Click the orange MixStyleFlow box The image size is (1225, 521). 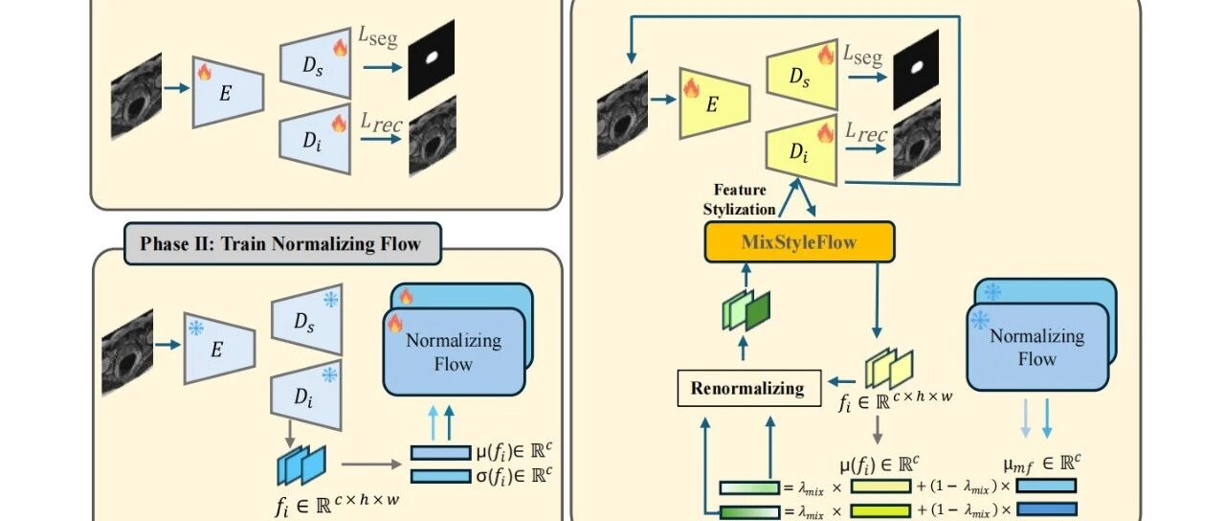(x=799, y=242)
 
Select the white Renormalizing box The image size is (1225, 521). (x=748, y=388)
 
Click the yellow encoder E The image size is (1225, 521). (x=715, y=103)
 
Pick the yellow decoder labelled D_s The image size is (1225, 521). (x=802, y=75)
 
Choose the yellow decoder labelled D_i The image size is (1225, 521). (x=802, y=150)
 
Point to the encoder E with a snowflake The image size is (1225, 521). (x=219, y=348)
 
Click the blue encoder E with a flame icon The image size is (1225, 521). (x=228, y=93)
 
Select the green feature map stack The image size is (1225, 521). (x=746, y=310)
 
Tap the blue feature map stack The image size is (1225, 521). (x=301, y=465)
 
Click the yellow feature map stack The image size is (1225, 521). (x=889, y=369)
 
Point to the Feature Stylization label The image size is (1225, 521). (x=740, y=200)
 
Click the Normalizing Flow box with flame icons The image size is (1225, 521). (x=457, y=339)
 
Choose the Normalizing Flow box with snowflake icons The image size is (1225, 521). (x=1041, y=334)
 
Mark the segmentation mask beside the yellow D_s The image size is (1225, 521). (x=916, y=70)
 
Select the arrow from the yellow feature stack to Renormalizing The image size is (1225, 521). (x=841, y=381)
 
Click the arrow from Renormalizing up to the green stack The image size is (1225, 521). (x=743, y=348)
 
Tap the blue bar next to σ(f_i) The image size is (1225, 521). (x=441, y=476)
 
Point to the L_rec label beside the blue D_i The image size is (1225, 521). (x=381, y=123)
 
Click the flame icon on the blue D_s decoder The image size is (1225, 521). (x=340, y=48)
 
